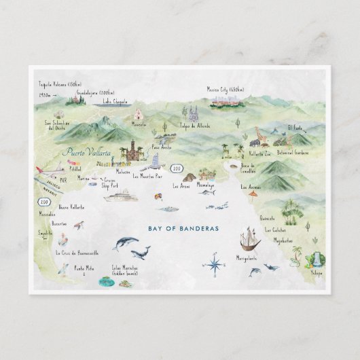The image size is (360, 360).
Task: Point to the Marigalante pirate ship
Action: pos(249,240)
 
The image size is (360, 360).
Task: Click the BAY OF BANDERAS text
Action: pos(184,229)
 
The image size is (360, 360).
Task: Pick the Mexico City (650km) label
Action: pos(225,88)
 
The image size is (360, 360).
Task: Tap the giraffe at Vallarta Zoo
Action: pos(259,135)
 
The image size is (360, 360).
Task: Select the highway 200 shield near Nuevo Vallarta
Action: pos(46,202)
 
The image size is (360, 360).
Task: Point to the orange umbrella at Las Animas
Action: pos(253,195)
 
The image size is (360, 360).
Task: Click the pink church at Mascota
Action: pos(138,113)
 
